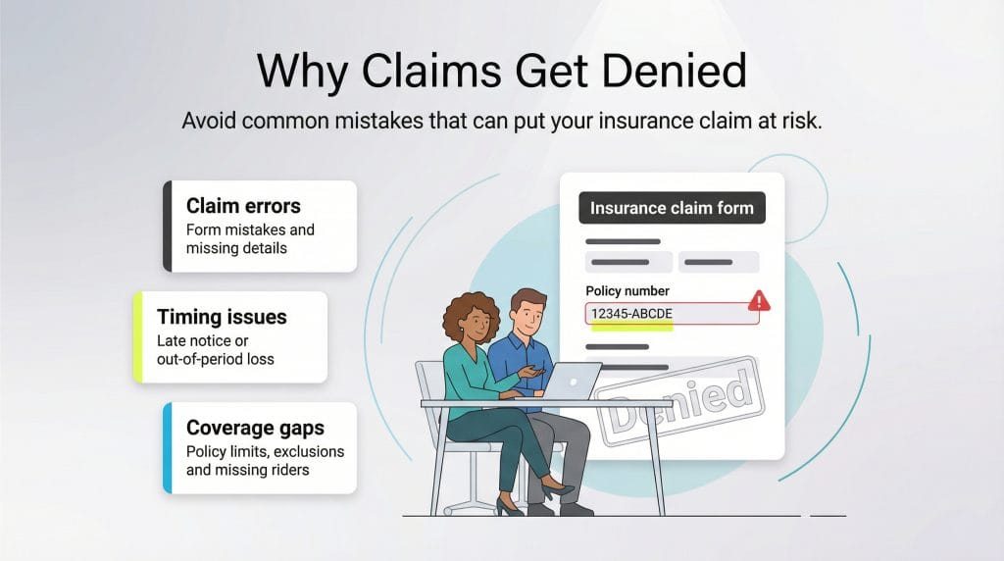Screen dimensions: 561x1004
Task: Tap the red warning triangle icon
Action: tap(759, 301)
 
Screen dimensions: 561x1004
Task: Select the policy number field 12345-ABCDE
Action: tap(659, 314)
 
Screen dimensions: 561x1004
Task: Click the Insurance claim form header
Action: tap(672, 208)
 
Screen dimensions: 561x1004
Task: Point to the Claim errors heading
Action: tap(243, 206)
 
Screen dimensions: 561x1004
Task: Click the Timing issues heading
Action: tap(222, 317)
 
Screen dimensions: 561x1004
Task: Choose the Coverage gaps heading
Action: tap(255, 428)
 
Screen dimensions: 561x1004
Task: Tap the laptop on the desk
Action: tap(573, 382)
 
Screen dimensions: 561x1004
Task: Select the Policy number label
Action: tap(627, 291)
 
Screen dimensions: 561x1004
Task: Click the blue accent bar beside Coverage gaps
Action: tap(168, 447)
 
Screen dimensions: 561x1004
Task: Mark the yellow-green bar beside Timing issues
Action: tap(138, 336)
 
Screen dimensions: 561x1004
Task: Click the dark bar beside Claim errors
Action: tap(168, 226)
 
